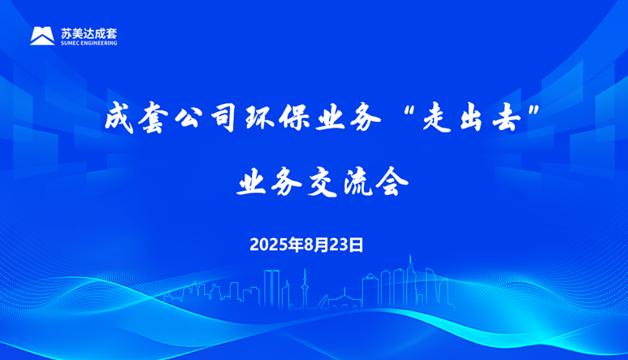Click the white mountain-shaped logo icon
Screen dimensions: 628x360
click(42, 36)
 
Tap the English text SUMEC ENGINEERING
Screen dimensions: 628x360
click(89, 43)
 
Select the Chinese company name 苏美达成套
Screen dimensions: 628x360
click(89, 33)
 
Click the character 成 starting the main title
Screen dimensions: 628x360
click(119, 118)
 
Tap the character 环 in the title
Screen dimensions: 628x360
click(258, 118)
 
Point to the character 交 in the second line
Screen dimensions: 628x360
click(322, 182)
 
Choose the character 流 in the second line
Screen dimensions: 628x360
click(357, 182)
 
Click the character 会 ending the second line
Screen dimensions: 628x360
click(392, 182)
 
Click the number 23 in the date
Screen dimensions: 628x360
click(339, 245)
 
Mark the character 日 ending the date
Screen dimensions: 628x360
click(356, 245)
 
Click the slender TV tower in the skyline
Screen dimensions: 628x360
click(305, 288)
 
